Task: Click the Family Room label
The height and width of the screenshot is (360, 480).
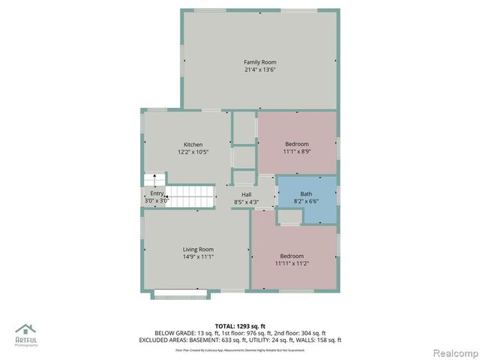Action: click(259, 61)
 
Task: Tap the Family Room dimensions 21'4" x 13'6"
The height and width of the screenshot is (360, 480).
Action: click(259, 70)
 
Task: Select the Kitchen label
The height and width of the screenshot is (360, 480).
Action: click(193, 144)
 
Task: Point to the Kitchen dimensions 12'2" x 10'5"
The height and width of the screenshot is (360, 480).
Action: click(193, 152)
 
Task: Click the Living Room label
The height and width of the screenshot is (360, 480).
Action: click(198, 249)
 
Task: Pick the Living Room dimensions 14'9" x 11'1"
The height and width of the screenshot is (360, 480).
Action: click(198, 257)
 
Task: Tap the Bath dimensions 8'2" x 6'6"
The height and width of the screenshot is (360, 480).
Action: click(306, 202)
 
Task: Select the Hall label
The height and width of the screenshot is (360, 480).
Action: click(246, 193)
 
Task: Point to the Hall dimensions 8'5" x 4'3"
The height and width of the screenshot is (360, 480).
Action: click(246, 202)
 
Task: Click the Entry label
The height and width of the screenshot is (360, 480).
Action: click(156, 193)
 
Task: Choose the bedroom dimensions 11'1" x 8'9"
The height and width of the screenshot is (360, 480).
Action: click(296, 151)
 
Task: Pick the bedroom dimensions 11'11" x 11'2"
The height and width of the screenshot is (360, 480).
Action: click(292, 264)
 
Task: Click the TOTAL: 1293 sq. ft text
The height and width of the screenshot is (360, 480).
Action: click(239, 325)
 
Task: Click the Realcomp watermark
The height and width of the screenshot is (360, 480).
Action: click(451, 352)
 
